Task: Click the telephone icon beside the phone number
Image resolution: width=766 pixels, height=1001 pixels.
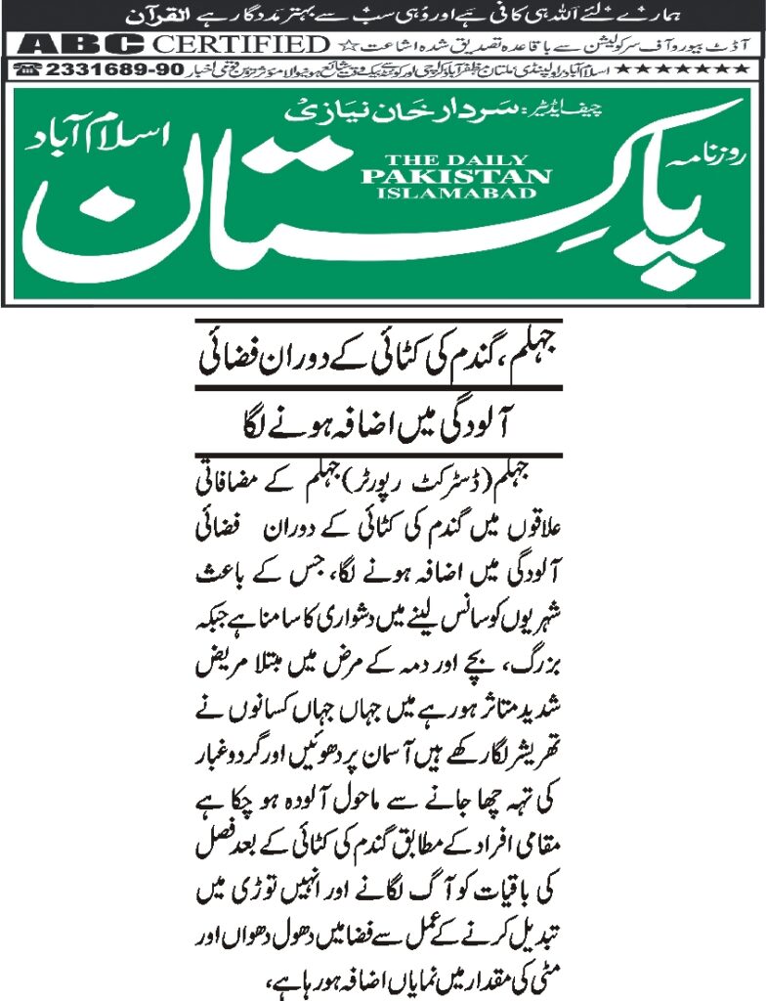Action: [29, 70]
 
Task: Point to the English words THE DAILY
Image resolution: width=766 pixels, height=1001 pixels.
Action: [455, 160]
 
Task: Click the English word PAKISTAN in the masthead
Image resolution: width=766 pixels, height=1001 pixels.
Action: [455, 177]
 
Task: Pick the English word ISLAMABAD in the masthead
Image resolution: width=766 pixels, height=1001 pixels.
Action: [455, 193]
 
